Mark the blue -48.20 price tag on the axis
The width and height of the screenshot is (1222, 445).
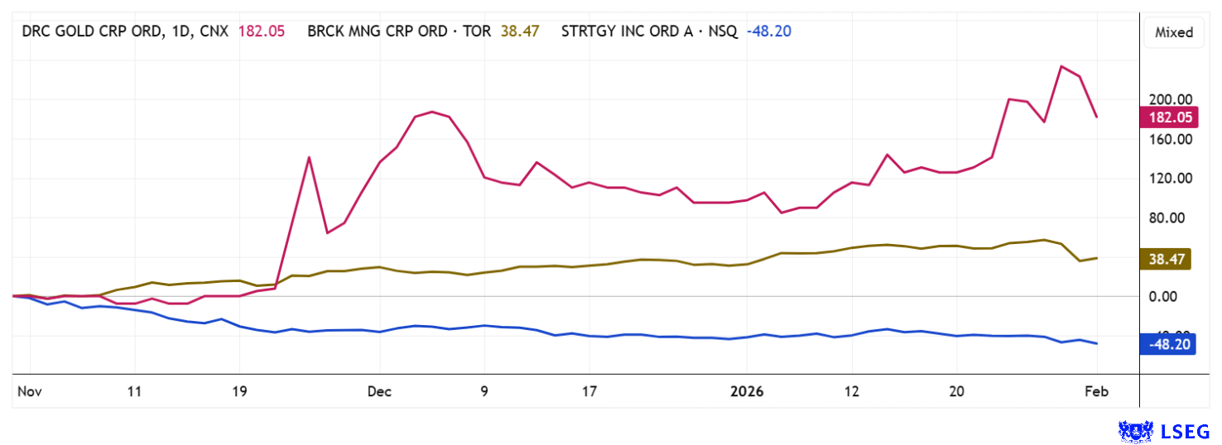[x=1168, y=344]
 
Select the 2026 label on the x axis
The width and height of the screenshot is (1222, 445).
[x=747, y=391]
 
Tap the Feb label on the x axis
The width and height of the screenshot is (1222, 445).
[x=1096, y=391]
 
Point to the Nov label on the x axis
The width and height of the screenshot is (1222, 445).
[x=29, y=391]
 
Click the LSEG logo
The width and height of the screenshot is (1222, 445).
[x=1163, y=431]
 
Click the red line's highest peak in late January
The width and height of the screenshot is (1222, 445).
[x=1061, y=66]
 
